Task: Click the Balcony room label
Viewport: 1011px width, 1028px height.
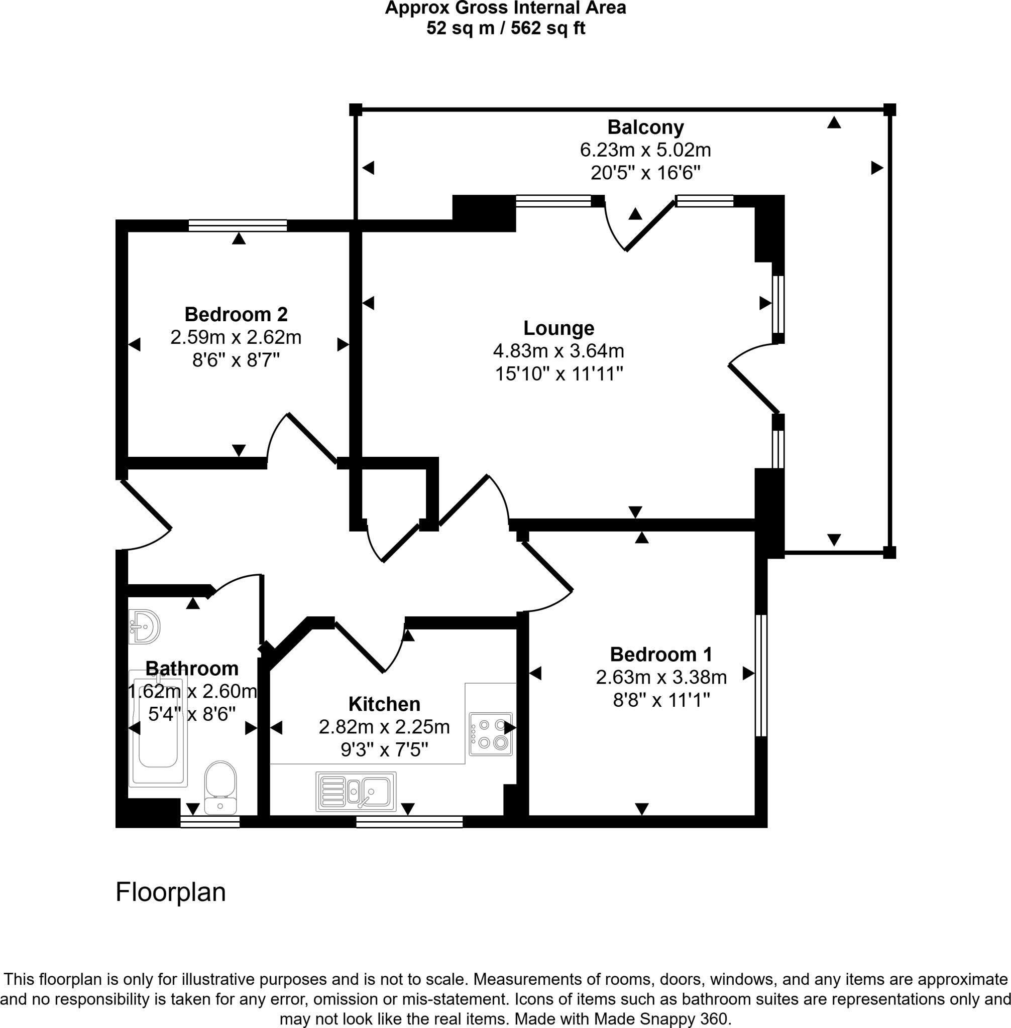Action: pos(645,127)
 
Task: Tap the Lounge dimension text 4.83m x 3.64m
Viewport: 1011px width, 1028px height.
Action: pos(558,351)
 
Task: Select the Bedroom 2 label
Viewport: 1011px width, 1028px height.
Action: pos(236,314)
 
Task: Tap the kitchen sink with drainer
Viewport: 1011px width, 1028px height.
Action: pos(356,791)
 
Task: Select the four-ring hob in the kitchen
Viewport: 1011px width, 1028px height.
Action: pos(491,733)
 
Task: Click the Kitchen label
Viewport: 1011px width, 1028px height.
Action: pos(384,704)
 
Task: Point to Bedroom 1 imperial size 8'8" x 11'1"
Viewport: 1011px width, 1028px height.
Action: pos(661,700)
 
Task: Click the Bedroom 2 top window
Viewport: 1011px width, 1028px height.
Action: pos(238,225)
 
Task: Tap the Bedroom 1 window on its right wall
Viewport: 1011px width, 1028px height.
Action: pos(760,675)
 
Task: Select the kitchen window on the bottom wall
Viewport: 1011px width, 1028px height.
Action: pos(409,822)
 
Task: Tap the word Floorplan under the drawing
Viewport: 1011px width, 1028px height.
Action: pos(170,892)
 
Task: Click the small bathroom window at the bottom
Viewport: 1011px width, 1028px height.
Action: pos(210,822)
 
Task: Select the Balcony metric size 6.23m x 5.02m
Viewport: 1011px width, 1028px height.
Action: pos(645,150)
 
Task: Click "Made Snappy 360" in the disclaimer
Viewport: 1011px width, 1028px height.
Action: pos(661,1018)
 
